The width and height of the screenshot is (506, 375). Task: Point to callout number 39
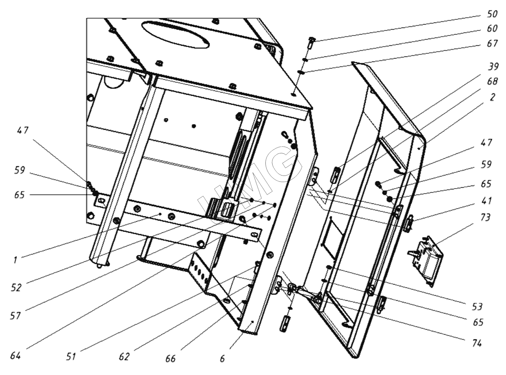[x=493, y=67]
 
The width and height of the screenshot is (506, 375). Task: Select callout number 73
[x=485, y=218]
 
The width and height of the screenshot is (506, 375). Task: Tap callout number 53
[x=477, y=306]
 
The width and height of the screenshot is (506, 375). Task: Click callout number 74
[x=477, y=343]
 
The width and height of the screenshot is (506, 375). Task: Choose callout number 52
[x=16, y=288]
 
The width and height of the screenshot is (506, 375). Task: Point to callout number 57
[x=15, y=316]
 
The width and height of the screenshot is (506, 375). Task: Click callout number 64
[x=15, y=355]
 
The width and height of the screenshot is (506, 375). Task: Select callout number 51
[x=71, y=357]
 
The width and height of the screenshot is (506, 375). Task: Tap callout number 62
[x=124, y=357]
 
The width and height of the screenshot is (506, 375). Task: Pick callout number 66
[x=170, y=359]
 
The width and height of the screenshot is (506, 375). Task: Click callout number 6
[x=222, y=359]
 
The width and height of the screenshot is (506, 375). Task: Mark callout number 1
[x=15, y=260]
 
